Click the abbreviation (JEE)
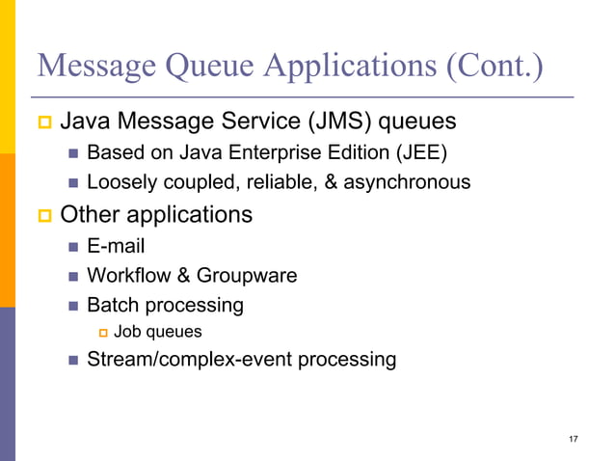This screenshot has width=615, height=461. (x=424, y=152)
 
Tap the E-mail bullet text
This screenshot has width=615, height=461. (x=116, y=246)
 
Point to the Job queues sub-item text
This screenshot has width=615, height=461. (x=158, y=332)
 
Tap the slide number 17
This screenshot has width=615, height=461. (x=574, y=440)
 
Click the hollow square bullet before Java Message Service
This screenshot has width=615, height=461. (x=43, y=123)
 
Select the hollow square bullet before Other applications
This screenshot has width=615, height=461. (x=43, y=214)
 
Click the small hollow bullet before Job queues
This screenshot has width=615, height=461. (x=101, y=333)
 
